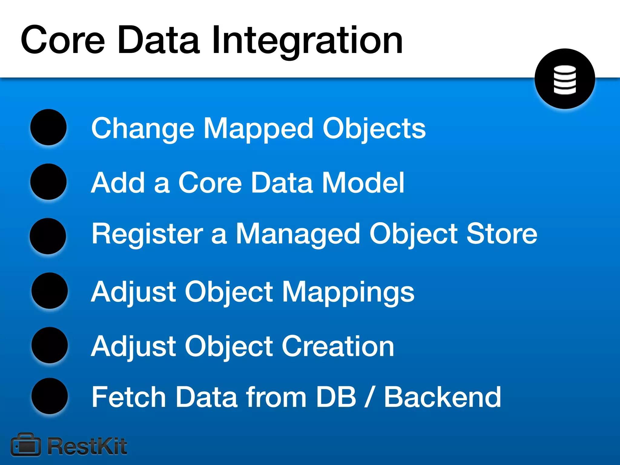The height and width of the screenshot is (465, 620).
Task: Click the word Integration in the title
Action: click(x=306, y=41)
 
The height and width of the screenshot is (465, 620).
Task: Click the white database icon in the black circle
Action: click(x=565, y=79)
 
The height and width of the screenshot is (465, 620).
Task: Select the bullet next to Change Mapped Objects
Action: click(x=48, y=127)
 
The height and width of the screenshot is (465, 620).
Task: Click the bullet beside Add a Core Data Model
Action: click(x=48, y=182)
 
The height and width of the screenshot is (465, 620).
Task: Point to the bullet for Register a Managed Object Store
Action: click(x=48, y=236)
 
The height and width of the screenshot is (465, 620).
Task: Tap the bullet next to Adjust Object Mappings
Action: click(x=49, y=291)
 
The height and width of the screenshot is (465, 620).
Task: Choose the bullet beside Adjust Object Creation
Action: click(x=49, y=345)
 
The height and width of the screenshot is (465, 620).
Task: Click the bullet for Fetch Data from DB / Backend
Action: click(x=49, y=396)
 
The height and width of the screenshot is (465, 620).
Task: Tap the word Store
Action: click(x=502, y=234)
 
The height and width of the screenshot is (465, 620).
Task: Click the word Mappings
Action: click(x=348, y=292)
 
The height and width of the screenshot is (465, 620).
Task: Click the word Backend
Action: click(x=442, y=397)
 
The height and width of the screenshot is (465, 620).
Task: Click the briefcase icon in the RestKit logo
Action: click(x=26, y=445)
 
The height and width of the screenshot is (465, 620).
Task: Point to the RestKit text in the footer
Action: click(x=87, y=446)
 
